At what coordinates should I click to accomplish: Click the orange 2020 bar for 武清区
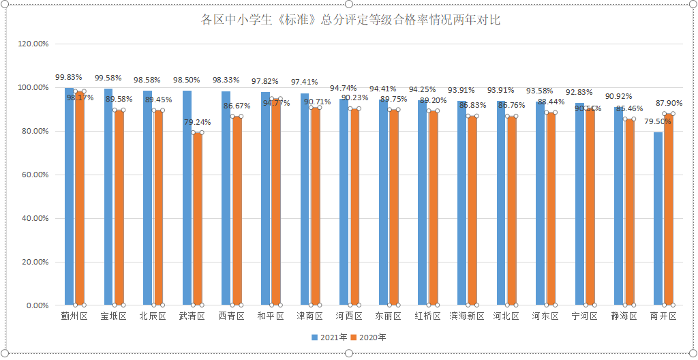point(197,218)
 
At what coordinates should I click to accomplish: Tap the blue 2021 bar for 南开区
point(658,218)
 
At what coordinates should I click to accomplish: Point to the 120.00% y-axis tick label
point(33,44)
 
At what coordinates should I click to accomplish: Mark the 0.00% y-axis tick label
point(36,305)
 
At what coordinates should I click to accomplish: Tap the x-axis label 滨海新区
point(467,316)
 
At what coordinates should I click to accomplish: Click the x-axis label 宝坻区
point(114,316)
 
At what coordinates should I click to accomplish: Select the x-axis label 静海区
point(624,316)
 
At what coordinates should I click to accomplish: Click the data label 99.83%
point(69,78)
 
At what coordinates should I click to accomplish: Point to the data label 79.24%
point(197,123)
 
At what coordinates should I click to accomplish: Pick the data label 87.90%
point(669,103)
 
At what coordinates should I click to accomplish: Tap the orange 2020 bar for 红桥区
point(433,208)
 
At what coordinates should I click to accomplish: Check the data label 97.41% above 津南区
point(304,82)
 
